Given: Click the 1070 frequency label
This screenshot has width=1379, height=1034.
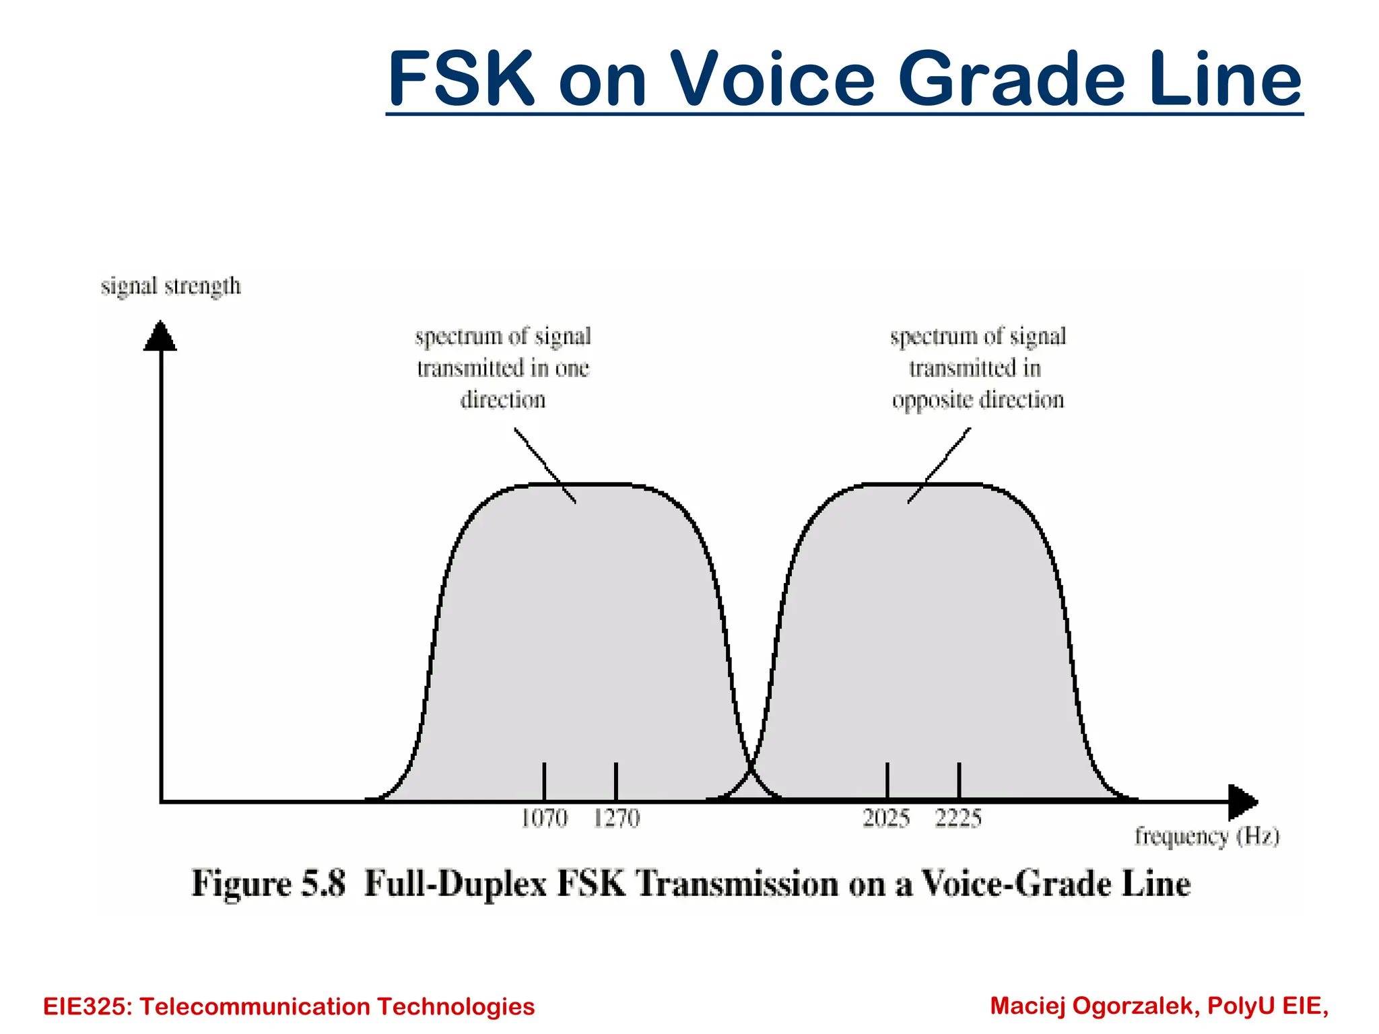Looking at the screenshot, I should pyautogui.click(x=544, y=819).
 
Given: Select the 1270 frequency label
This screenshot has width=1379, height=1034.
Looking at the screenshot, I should pyautogui.click(x=616, y=819).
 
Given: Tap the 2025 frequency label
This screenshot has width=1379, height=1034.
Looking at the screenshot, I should pyautogui.click(x=886, y=819).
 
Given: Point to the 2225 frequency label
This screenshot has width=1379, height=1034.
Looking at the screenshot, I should pyautogui.click(x=958, y=819).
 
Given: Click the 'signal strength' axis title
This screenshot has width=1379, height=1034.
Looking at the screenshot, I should pyautogui.click(x=170, y=286).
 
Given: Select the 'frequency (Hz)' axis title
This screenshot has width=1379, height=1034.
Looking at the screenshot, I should pyautogui.click(x=1207, y=837).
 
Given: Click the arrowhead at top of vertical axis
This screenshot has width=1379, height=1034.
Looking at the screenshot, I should pyautogui.click(x=160, y=336).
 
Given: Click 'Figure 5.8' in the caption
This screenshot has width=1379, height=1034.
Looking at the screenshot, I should pyautogui.click(x=268, y=884).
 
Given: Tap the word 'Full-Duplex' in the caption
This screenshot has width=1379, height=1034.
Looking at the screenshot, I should pyautogui.click(x=455, y=884).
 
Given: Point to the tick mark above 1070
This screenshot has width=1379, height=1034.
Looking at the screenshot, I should pyautogui.click(x=544, y=781).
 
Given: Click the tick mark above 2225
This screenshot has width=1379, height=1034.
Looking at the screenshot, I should pyautogui.click(x=959, y=781).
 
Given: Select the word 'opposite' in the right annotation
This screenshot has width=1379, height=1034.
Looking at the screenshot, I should pyautogui.click(x=932, y=401).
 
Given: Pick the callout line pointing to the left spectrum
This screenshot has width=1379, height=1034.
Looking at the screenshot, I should pyautogui.click(x=545, y=465).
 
